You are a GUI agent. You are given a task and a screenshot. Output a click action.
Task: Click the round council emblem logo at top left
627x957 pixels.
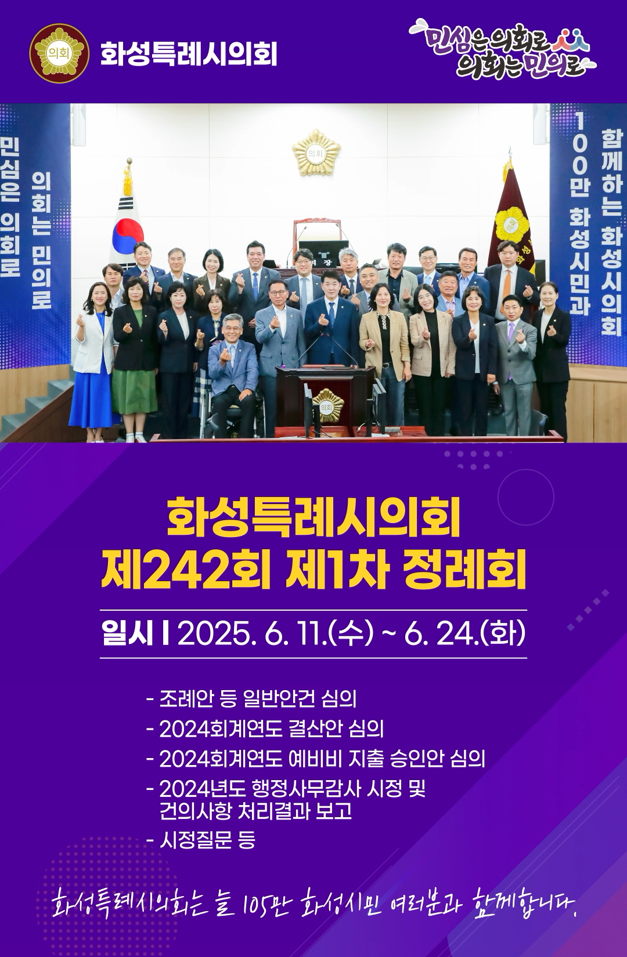pyautogui.click(x=59, y=53)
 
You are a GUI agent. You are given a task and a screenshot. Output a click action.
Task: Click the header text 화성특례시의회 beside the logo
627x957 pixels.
pyautogui.click(x=189, y=53)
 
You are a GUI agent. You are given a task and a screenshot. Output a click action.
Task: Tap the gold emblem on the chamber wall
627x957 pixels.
pyautogui.click(x=316, y=153)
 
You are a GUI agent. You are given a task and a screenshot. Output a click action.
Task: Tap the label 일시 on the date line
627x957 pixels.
pyautogui.click(x=127, y=635)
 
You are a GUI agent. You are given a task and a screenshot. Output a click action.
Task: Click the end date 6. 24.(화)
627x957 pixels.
pyautogui.click(x=464, y=635)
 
